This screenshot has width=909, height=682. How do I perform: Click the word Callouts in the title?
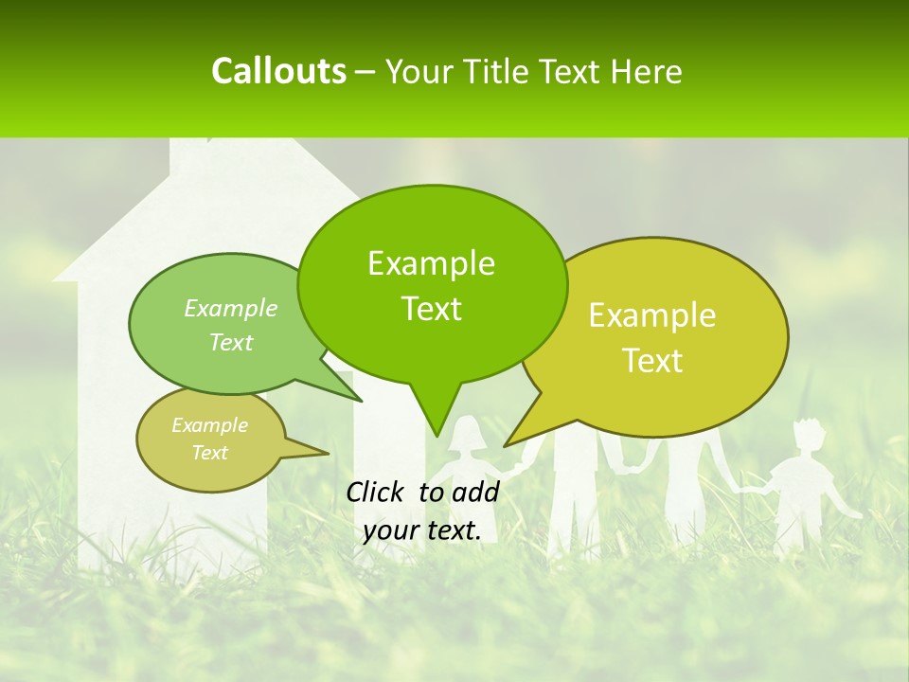coord(278,71)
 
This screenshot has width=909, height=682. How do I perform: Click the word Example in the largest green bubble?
coord(431,263)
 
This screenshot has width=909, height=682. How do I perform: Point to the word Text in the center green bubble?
coord(431,309)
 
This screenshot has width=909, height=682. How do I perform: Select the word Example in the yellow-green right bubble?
coord(652,315)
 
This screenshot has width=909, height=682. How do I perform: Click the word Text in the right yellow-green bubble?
coord(652,361)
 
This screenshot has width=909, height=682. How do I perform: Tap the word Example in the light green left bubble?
coord(231,308)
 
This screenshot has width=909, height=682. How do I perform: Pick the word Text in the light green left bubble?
coord(231,342)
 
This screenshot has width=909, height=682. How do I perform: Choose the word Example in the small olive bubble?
coord(209,425)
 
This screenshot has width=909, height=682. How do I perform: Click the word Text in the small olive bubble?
coord(209,453)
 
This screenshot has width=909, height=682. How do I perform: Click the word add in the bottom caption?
coord(475,492)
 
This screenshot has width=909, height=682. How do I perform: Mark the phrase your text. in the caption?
coord(422,530)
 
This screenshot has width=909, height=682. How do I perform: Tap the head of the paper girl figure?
coord(465,437)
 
